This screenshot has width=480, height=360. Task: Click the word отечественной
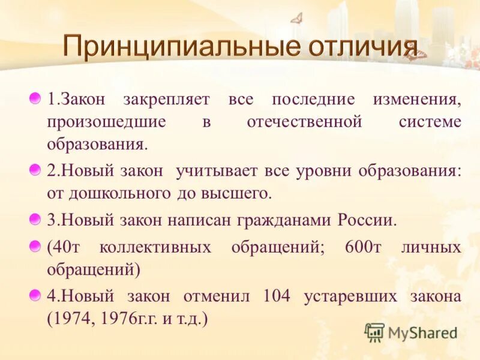tap(304, 122)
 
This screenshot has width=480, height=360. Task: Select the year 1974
tap(76, 319)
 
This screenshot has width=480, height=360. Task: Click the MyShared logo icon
tap(374, 332)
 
